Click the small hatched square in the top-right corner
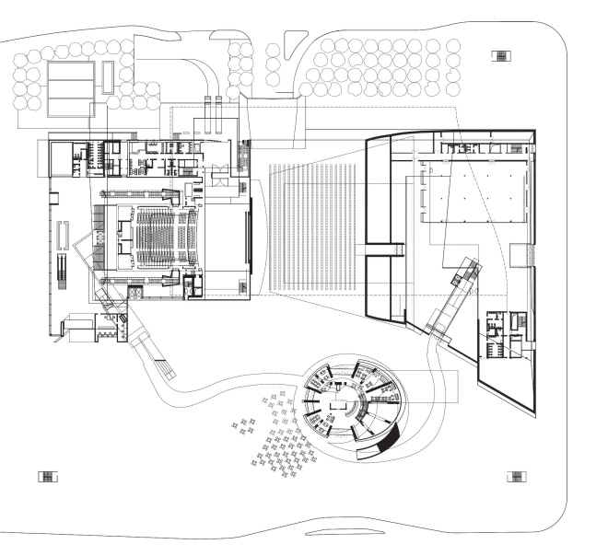coord(501,56)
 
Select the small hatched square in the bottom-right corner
coord(518,476)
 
